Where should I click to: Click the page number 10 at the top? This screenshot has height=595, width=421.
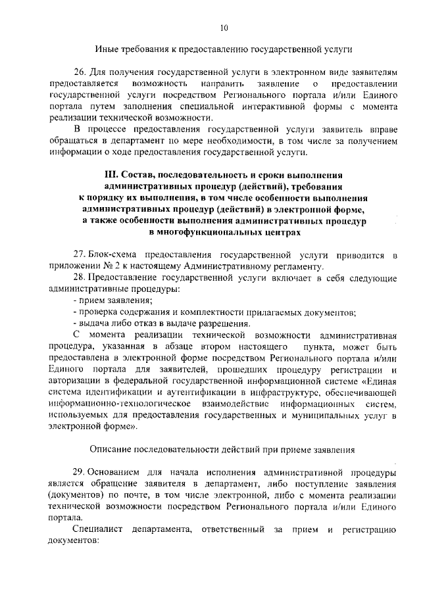224,27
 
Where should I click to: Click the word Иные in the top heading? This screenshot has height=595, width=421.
107,49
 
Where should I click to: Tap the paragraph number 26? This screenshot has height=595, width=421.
80,72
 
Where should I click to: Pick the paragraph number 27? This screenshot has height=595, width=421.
80,255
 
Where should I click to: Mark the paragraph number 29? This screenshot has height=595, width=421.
80,472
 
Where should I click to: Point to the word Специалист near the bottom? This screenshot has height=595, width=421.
98,529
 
